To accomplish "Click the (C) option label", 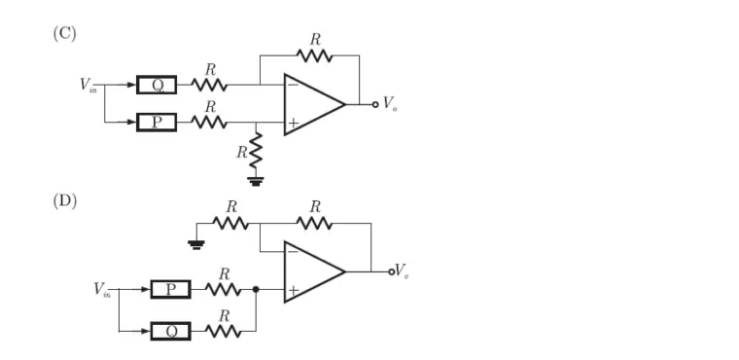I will [x=64, y=33].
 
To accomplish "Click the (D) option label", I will [x=64, y=201].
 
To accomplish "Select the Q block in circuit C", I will [x=157, y=85].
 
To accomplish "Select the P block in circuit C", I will [x=157, y=123].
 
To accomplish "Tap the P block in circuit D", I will [x=170, y=290].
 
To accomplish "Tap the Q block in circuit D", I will [x=170, y=331].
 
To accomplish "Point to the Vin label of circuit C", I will [x=88, y=85].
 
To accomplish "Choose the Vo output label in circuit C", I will [x=388, y=103].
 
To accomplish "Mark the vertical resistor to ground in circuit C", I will [x=256, y=152].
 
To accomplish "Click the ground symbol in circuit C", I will [x=256, y=181].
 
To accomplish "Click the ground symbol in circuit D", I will [x=196, y=244].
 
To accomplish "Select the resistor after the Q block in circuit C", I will [x=209, y=85].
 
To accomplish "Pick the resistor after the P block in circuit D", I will [x=223, y=290].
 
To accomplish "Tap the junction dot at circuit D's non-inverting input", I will [x=256, y=290].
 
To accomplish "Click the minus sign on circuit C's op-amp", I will [x=293, y=87].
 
